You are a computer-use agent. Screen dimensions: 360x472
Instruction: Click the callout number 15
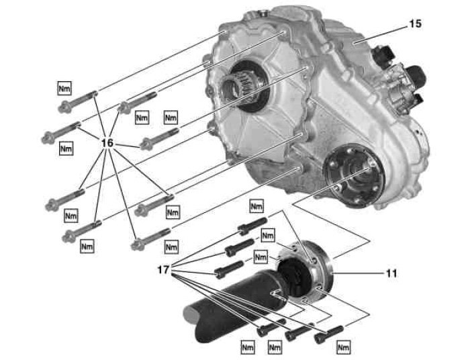click(x=415, y=24)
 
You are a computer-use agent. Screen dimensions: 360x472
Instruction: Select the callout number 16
click(x=108, y=143)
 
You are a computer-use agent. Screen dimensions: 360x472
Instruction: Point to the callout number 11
click(x=391, y=273)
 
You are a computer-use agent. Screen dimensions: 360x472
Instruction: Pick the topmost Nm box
click(x=64, y=88)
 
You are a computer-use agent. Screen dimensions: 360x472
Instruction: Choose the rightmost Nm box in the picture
click(x=344, y=347)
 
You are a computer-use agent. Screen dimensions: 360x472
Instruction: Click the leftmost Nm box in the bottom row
click(x=246, y=347)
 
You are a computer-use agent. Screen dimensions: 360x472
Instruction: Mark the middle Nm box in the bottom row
click(x=274, y=347)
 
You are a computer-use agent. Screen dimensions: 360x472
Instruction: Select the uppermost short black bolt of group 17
click(x=251, y=224)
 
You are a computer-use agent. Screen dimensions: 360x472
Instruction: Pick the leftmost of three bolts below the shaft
click(x=267, y=330)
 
